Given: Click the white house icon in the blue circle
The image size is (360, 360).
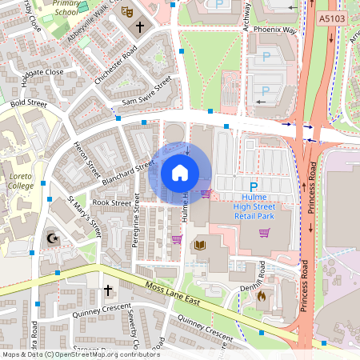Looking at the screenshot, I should [x=180, y=173].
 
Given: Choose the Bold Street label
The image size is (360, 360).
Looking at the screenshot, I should [x=28, y=104].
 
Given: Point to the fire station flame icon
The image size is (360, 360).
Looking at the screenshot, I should [x=261, y=295].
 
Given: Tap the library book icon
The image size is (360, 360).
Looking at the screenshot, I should [x=200, y=245].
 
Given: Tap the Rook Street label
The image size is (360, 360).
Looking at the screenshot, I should [x=111, y=203].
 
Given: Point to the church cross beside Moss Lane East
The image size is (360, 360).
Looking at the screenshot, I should [x=108, y=289].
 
